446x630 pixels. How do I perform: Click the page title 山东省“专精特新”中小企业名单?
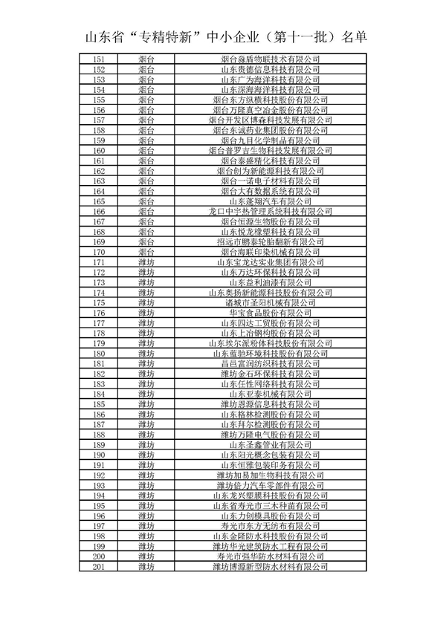(x=223, y=36)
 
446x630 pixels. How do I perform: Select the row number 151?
(x=99, y=59)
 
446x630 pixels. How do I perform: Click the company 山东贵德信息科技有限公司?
(x=271, y=69)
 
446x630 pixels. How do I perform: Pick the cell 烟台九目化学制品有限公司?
(x=271, y=140)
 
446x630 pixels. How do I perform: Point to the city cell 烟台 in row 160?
(x=146, y=150)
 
